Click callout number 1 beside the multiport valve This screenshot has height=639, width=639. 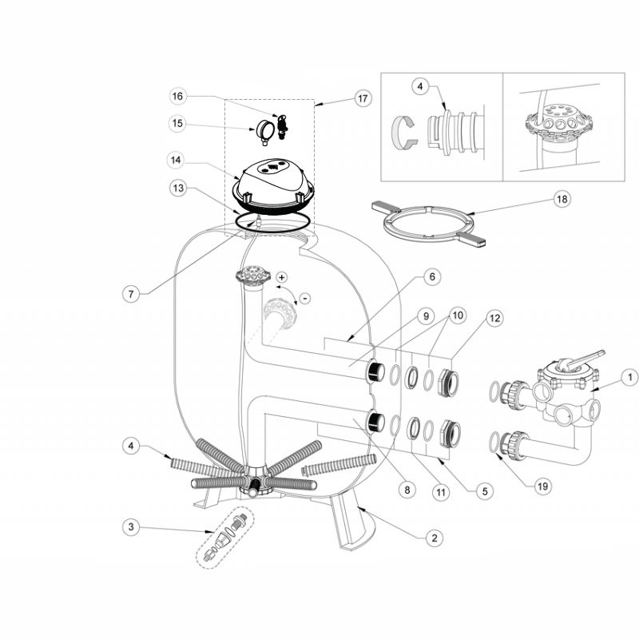click(x=628, y=376)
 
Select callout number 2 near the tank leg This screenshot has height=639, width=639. click(x=434, y=538)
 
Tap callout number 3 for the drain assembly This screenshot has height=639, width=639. click(x=133, y=526)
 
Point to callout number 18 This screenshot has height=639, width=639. click(x=562, y=200)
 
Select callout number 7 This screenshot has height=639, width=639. click(x=133, y=293)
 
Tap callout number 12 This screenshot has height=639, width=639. click(x=494, y=319)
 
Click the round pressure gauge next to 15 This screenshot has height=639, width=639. click(x=265, y=128)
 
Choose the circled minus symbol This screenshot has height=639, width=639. click(x=304, y=298)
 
